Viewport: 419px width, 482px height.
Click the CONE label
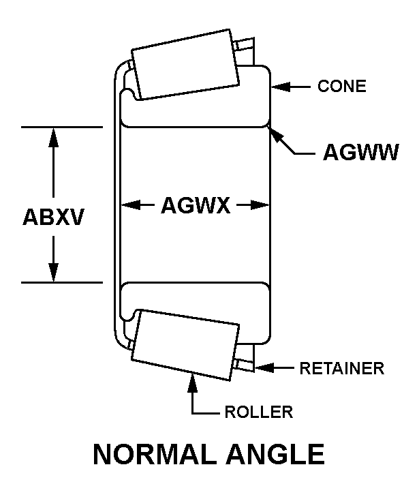click(x=342, y=87)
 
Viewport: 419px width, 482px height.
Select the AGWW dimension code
click(x=360, y=152)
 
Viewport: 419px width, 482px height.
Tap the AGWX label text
click(x=196, y=205)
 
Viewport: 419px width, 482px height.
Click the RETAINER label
click(x=342, y=369)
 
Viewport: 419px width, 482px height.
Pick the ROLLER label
click(x=258, y=411)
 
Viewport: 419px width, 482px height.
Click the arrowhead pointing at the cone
click(x=279, y=87)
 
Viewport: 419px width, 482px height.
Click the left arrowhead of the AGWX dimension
click(x=127, y=205)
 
